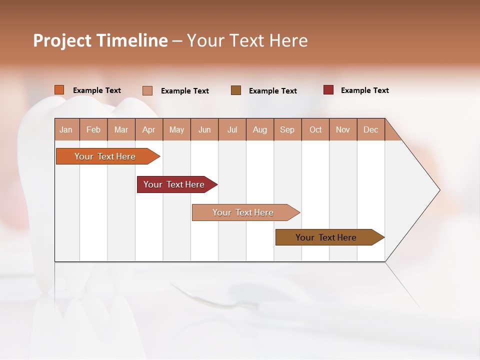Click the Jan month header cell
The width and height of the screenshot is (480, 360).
pyautogui.click(x=66, y=129)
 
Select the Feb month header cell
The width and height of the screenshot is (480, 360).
pyautogui.click(x=93, y=129)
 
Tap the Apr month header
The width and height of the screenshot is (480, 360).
pyautogui.click(x=149, y=129)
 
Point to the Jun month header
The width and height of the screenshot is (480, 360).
pyautogui.click(x=204, y=129)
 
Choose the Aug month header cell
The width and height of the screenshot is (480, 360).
pyautogui.click(x=260, y=129)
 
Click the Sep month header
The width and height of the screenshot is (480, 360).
pyautogui.click(x=287, y=129)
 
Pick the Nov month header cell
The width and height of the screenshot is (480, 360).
pyautogui.click(x=343, y=129)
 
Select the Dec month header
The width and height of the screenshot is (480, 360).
pyautogui.click(x=371, y=129)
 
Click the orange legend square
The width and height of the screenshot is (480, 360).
pyautogui.click(x=59, y=90)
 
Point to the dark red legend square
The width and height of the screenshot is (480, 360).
pyautogui.click(x=328, y=90)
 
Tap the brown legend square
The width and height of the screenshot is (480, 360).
pyautogui.click(x=236, y=90)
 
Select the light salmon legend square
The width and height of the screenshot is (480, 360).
pyautogui.click(x=147, y=90)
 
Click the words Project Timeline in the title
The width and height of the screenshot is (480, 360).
pyautogui.click(x=100, y=40)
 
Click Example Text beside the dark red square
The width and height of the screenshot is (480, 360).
pyautogui.click(x=364, y=90)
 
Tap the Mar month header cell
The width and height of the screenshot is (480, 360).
pyautogui.click(x=121, y=129)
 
